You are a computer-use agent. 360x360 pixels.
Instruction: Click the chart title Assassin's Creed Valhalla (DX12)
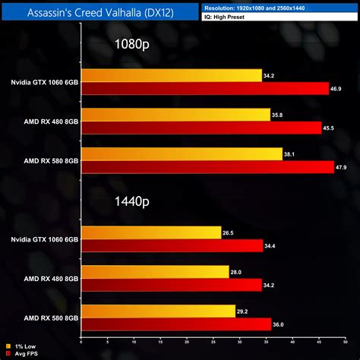pyautogui.click(x=100, y=12)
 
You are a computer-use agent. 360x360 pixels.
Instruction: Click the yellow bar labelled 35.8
pyautogui.click(x=175, y=115)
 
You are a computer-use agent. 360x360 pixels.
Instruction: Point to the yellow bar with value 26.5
pyautogui.click(x=151, y=232)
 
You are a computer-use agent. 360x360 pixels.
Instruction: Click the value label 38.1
pyautogui.click(x=290, y=153)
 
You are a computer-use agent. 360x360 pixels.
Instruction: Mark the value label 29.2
pyautogui.click(x=244, y=311)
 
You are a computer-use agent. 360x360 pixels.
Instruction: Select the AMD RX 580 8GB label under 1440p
pyautogui.click(x=50, y=317)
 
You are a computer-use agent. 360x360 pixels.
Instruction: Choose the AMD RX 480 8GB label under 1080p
pyautogui.click(x=50, y=122)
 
